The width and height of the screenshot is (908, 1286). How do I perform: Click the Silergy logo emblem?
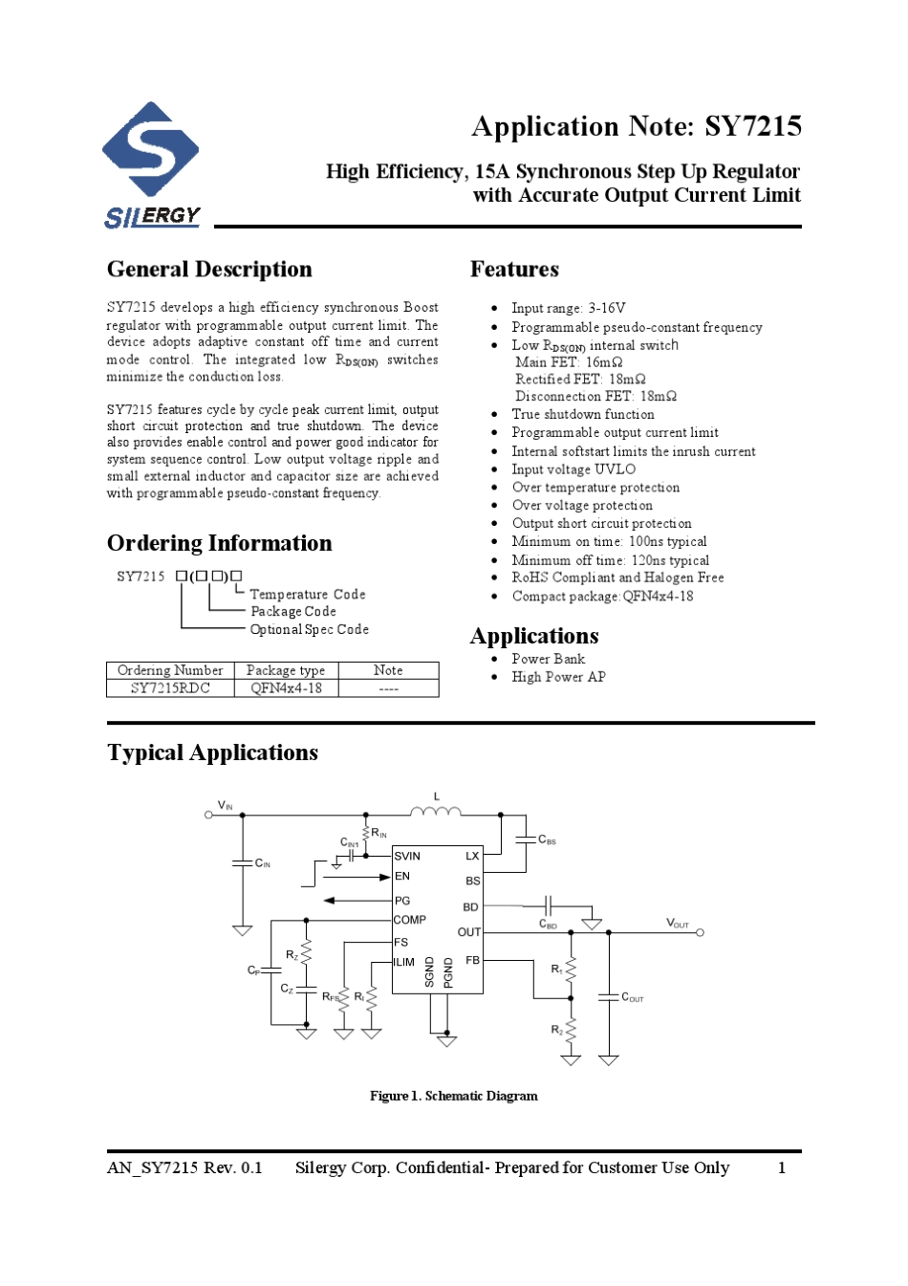pos(151,150)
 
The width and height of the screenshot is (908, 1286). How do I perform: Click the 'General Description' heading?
pos(209,270)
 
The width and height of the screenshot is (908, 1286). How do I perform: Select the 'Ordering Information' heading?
pos(219,543)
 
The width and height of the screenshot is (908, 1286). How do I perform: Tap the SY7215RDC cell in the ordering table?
pos(170,688)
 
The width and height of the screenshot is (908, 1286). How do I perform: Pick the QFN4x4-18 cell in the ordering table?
pos(286,688)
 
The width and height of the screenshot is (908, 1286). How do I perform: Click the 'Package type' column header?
pos(286,670)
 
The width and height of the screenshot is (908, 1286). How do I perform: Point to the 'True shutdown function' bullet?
pos(583,414)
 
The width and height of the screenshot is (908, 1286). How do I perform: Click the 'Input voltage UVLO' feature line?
pos(573,469)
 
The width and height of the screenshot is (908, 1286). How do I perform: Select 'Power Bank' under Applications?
pos(548,659)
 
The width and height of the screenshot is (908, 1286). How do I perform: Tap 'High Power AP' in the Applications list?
pos(558,677)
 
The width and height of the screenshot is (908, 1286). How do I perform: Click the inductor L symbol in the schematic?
pos(435,812)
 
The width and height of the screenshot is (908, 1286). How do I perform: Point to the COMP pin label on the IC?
pos(410,920)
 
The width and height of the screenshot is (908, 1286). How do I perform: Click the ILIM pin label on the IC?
pos(404,962)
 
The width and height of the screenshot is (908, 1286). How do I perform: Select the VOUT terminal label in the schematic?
pos(678,924)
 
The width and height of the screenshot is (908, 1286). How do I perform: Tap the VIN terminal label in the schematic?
pos(226,806)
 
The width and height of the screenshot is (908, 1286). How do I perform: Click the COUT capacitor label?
pos(633,998)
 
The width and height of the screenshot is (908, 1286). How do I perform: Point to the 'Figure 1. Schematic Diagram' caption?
pos(454,1096)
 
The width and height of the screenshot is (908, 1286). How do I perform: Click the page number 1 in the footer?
pos(782,1167)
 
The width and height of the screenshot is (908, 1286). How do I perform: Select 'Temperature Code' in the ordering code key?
pos(308,595)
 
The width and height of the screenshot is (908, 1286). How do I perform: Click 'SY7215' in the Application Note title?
pos(753,127)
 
